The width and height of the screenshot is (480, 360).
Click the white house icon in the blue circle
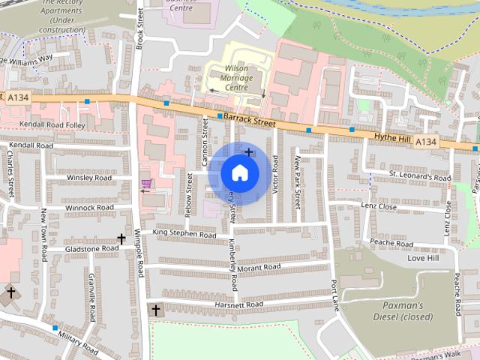pos(239,172)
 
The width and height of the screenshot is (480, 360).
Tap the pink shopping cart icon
pos(146,184)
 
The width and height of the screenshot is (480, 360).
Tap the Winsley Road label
pos(88,178)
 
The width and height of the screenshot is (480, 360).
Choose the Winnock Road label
pos(89,207)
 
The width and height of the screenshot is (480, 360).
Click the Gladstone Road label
pos(91,247)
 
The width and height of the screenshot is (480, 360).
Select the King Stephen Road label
pos(184,235)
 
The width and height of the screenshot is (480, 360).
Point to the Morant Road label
pos(258,266)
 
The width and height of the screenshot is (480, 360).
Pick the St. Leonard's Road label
pos(420,177)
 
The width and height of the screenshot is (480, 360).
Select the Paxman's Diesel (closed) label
pos(403,310)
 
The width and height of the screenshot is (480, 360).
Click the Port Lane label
pos(334,295)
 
